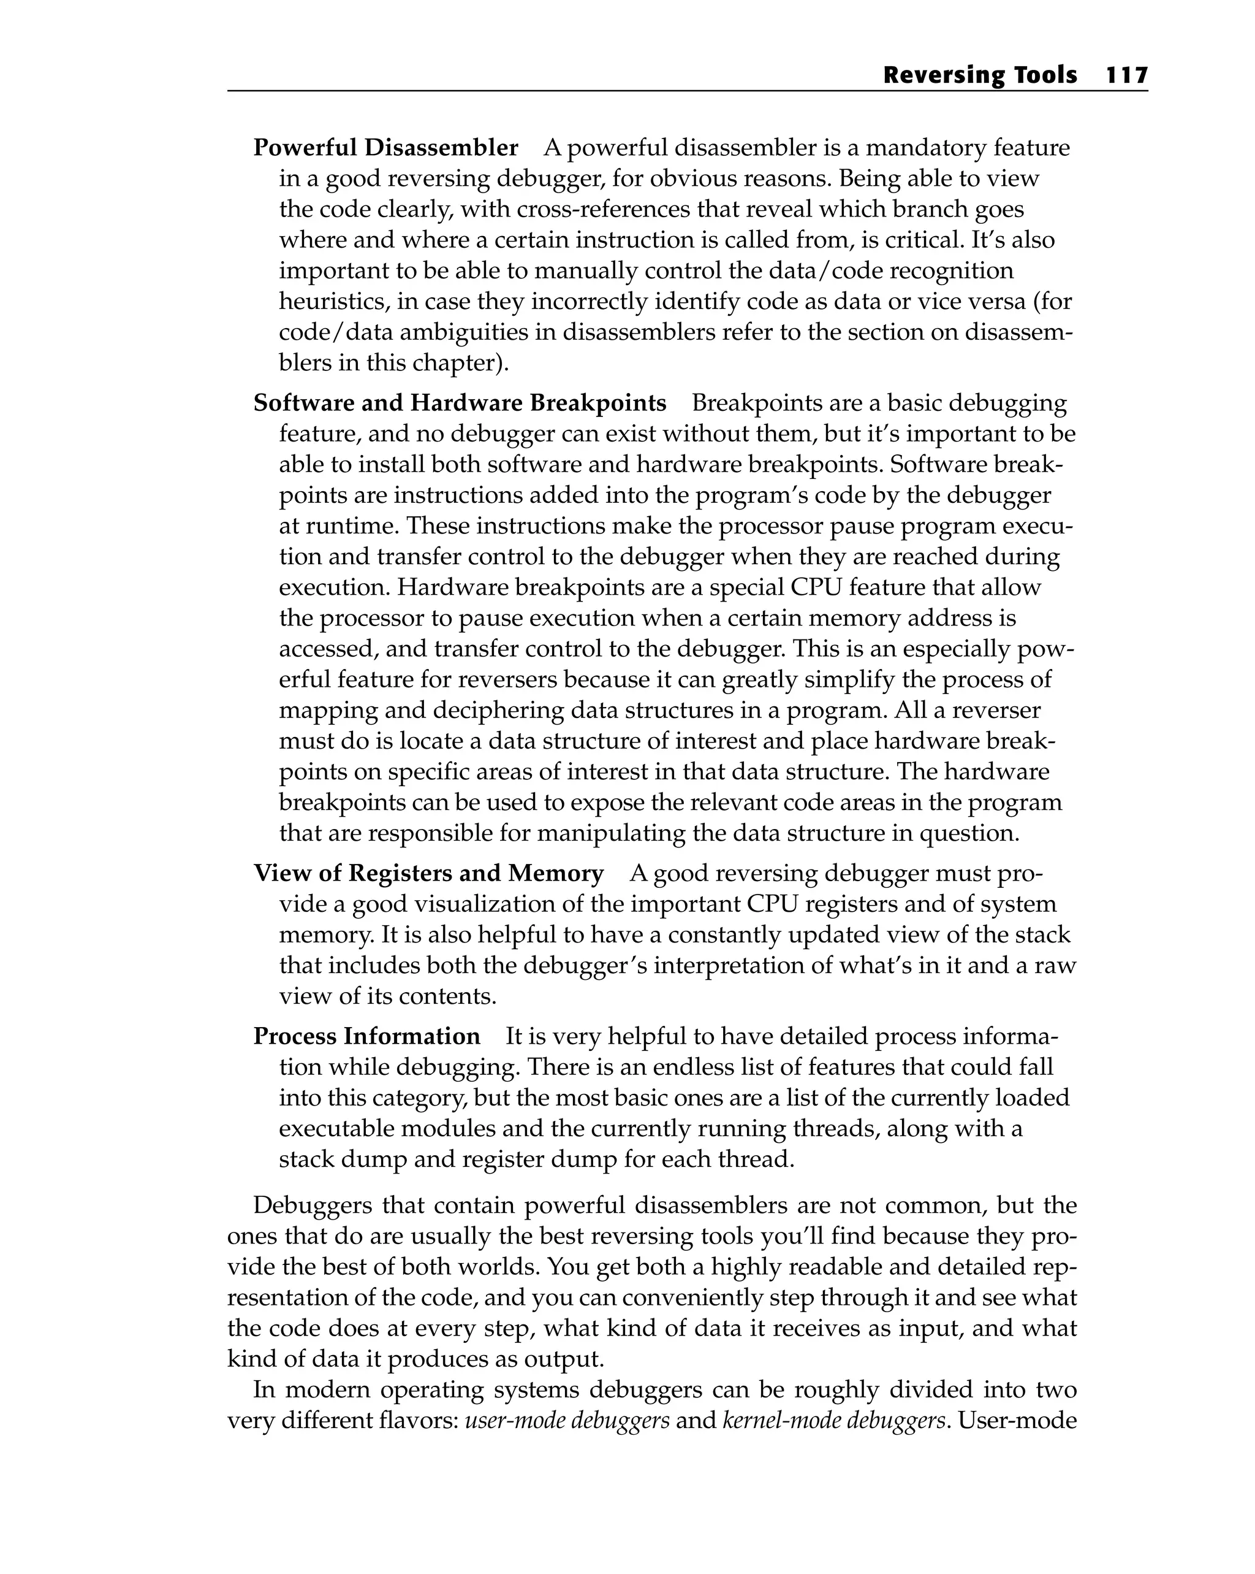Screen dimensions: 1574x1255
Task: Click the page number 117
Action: click(x=1126, y=75)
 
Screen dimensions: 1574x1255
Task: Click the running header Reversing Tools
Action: click(x=979, y=75)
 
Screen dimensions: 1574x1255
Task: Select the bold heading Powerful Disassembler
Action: click(x=385, y=148)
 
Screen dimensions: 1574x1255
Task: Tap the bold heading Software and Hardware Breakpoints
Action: click(x=460, y=403)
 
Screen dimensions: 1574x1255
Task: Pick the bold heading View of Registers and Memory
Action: click(x=428, y=873)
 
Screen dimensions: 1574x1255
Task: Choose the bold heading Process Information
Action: click(x=366, y=1036)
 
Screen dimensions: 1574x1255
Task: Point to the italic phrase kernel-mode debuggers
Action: click(x=830, y=1421)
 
